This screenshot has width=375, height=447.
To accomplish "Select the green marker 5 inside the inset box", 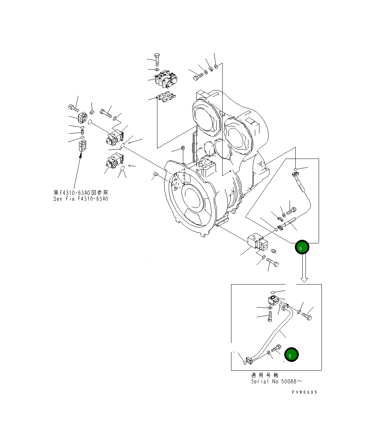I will pyautogui.click(x=291, y=355).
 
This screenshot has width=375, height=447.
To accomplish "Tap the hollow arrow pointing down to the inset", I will pyautogui.click(x=304, y=269).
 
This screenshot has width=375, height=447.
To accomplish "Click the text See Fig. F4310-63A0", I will pyautogui.click(x=80, y=199).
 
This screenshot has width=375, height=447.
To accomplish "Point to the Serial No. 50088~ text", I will pyautogui.click(x=276, y=381).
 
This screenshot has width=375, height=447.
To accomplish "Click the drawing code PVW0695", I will pyautogui.click(x=304, y=392).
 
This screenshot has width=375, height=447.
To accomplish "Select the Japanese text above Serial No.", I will pyautogui.click(x=264, y=375).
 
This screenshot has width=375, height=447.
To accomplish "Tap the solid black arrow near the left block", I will pyautogui.click(x=77, y=170).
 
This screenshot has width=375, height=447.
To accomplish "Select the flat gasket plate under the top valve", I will pyautogui.click(x=166, y=98).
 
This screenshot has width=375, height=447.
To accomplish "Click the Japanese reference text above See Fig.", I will pyautogui.click(x=80, y=192).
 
